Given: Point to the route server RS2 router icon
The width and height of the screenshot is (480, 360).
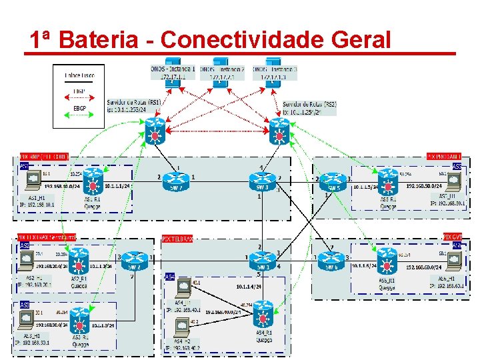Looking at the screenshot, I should [278, 132].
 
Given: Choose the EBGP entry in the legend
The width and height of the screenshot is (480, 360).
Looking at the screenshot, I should [79, 107].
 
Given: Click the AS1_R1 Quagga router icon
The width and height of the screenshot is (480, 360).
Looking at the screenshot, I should [91, 181].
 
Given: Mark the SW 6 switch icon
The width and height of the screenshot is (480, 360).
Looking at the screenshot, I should [331, 258].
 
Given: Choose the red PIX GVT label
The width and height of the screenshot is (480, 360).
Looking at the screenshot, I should [452, 237].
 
